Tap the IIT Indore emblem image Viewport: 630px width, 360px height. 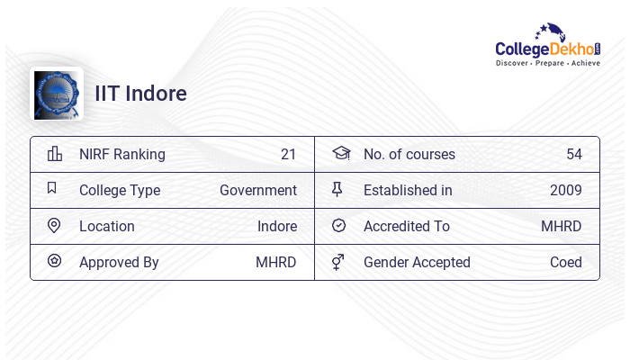(57, 94)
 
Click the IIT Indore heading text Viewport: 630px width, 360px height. (141, 94)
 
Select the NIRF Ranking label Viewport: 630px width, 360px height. (122, 154)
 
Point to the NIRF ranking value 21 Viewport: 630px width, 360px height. (288, 154)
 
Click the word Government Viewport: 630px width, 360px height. (258, 190)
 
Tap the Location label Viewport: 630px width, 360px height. (107, 226)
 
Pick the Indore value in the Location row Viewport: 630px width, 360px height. (277, 226)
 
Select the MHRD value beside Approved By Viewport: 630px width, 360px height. (276, 262)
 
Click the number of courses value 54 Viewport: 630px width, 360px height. (574, 154)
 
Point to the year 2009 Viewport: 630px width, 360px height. (566, 190)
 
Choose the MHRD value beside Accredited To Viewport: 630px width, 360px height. (562, 226)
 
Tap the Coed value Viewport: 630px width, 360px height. (566, 262)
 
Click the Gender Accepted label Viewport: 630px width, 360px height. (417, 262)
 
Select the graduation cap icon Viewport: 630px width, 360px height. (340, 153)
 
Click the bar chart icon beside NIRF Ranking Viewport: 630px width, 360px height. (55, 153)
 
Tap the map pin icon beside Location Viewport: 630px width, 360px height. (54, 225)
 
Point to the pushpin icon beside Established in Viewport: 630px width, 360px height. (337, 189)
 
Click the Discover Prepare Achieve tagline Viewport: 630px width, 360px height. (547, 63)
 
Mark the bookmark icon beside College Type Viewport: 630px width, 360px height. (52, 188)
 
